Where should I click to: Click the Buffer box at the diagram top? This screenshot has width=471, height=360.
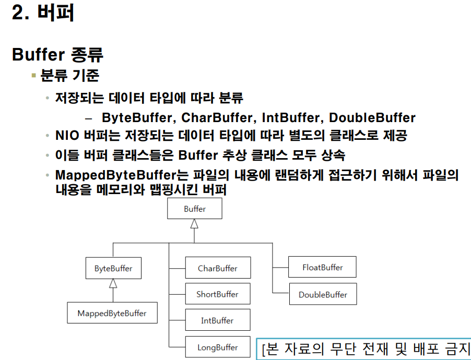(194, 209)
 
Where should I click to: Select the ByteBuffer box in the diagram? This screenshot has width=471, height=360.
(113, 269)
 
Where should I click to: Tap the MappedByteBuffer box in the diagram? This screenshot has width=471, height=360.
(112, 313)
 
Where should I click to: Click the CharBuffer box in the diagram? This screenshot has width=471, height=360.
(218, 268)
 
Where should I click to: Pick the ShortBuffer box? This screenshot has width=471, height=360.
(217, 294)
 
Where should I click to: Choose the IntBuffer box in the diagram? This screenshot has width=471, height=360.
(217, 320)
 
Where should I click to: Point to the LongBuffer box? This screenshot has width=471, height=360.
(217, 347)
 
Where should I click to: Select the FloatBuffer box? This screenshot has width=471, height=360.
(322, 267)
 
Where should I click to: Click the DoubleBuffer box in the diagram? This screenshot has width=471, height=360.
(322, 295)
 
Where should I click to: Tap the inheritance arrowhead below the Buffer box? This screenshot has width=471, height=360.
(194, 223)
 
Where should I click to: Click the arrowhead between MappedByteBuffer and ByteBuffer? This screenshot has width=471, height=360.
(113, 284)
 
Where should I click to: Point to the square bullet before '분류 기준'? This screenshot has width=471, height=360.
(34, 76)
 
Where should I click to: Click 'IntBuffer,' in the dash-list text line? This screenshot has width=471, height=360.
(292, 118)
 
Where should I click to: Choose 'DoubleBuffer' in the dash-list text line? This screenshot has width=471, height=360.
(372, 118)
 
